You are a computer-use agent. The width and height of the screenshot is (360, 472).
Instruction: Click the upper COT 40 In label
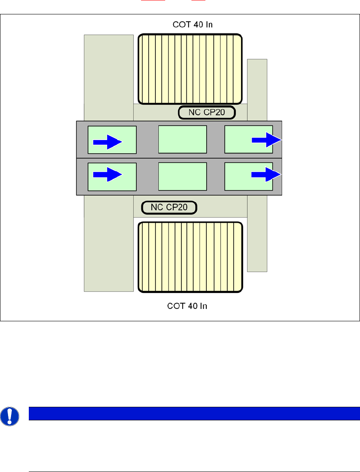(x=193, y=25)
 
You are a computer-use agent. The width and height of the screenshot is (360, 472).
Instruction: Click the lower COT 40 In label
(x=187, y=306)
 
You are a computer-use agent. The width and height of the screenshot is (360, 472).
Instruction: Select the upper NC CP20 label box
(x=206, y=113)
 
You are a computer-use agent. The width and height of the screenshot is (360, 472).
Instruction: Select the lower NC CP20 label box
(x=169, y=207)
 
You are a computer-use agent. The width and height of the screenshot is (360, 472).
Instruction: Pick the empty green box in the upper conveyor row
(x=183, y=139)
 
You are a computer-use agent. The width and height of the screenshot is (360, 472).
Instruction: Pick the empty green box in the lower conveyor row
(x=183, y=176)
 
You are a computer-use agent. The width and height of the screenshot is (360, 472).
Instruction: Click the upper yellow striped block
(x=190, y=69)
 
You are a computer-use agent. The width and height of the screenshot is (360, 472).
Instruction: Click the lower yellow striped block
(x=190, y=257)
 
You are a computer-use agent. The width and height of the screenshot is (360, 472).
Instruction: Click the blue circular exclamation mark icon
(x=8, y=417)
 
